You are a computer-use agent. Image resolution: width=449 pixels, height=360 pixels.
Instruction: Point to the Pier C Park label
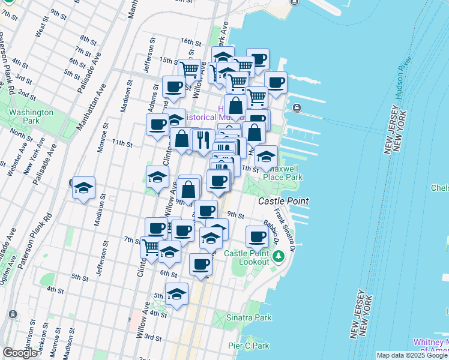pos(249,346)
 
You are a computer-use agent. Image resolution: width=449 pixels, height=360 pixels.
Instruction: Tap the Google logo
pos(20,353)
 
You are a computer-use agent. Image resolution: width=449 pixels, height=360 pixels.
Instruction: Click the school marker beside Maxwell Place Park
pos(265,157)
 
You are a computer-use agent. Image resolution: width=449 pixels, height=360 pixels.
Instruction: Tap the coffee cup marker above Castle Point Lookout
pos(257,236)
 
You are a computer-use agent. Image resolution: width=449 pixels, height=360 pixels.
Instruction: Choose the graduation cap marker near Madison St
pos(84,187)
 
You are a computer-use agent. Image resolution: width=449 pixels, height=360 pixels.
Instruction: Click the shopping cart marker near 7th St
pos(152,245)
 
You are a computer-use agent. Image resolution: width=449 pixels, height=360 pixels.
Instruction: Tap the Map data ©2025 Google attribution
pos(412,355)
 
